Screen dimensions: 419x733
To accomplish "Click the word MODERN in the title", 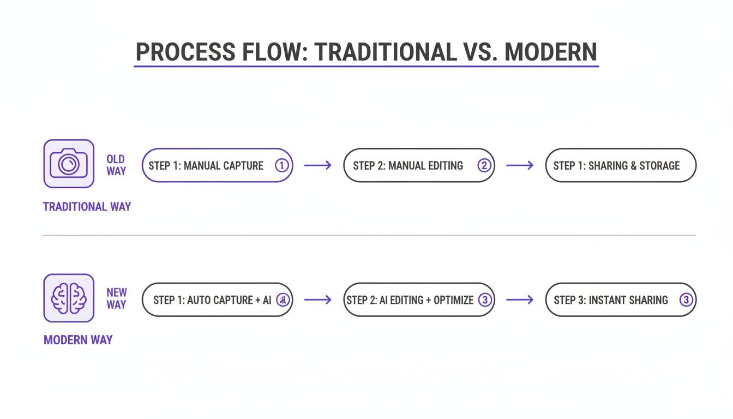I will click(x=550, y=52).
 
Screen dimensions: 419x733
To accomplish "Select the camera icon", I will click(x=69, y=164).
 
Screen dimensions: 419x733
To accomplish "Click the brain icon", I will click(x=69, y=298).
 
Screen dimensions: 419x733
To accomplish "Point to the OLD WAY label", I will click(x=116, y=165).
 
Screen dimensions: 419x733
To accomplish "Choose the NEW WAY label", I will click(x=116, y=298).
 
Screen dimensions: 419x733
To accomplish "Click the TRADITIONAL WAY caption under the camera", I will click(x=87, y=207).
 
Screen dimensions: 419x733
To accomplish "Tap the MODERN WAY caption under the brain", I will click(x=78, y=340).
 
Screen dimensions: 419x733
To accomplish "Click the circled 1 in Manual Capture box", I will click(x=281, y=165).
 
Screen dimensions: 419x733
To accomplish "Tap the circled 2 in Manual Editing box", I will click(x=484, y=165).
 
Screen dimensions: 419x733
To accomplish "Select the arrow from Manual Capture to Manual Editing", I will click(x=317, y=165).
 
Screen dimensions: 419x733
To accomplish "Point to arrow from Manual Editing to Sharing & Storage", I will click(x=520, y=165).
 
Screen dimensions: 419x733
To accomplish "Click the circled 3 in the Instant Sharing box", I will click(x=686, y=300).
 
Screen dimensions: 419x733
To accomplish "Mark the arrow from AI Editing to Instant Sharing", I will click(x=520, y=300).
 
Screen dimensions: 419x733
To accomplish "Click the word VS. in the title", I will click(x=479, y=52).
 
